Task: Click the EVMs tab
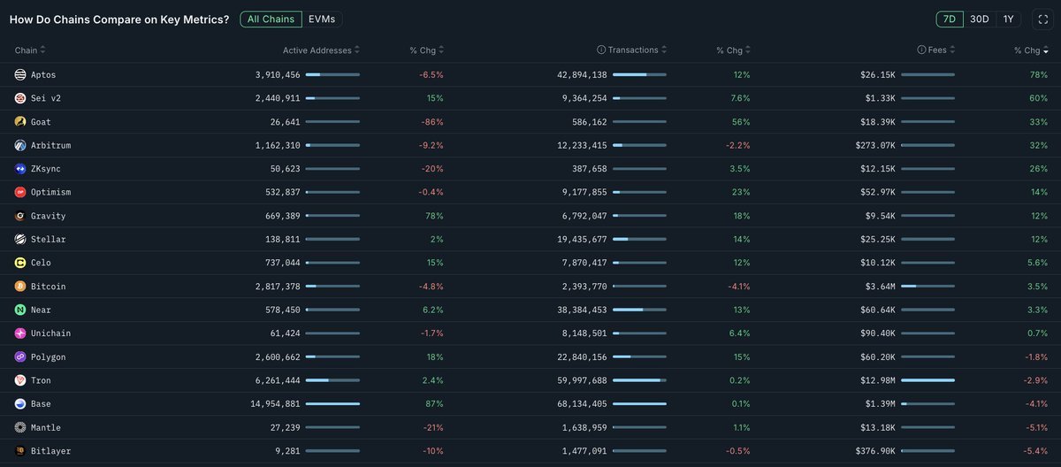coord(322,19)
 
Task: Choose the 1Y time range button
coord(1008,19)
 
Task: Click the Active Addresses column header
coord(317,50)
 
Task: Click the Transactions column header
coord(633,50)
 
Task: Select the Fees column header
coord(937,50)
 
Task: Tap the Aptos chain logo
coord(20,74)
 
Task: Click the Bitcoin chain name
coord(48,287)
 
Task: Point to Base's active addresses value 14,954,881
coord(276,404)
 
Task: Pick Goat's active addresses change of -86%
coord(431,121)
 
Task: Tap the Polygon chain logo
coord(20,357)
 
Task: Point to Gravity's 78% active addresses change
coord(434,216)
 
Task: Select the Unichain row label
coord(50,333)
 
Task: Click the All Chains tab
coord(271,19)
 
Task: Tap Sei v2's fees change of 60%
coord(1038,98)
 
